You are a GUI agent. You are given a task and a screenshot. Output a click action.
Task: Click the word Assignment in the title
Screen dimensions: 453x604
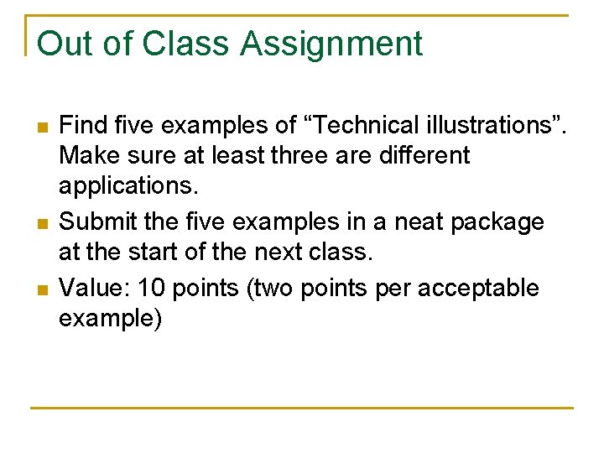tap(331, 44)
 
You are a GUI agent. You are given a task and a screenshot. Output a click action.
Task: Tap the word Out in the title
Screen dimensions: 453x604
tap(64, 44)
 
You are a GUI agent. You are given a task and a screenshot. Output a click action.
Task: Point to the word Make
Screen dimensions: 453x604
tap(89, 155)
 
